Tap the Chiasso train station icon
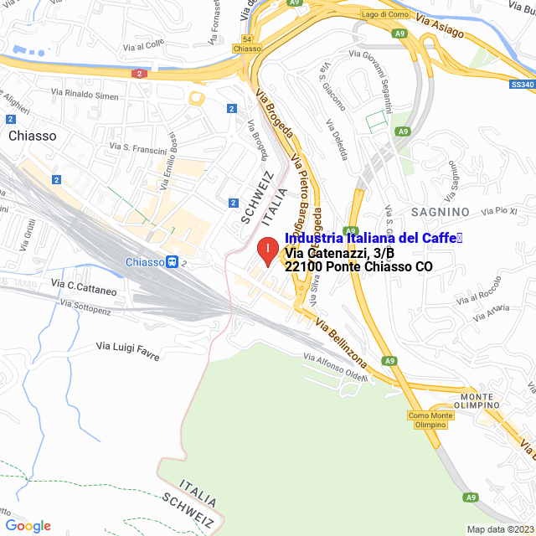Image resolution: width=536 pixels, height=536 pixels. click(x=172, y=262)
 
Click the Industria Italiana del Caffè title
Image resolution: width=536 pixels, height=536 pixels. click(x=373, y=239)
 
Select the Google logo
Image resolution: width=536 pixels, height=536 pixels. click(x=28, y=526)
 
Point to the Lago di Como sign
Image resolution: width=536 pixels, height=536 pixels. click(x=384, y=14)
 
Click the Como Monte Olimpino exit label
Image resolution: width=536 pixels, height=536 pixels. click(x=431, y=420)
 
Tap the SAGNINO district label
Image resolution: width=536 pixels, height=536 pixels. click(x=440, y=212)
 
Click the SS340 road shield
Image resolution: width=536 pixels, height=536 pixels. click(x=522, y=84)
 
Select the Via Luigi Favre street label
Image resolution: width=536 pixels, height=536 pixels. click(x=127, y=345)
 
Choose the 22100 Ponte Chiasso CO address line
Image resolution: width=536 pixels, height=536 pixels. click(x=359, y=267)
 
